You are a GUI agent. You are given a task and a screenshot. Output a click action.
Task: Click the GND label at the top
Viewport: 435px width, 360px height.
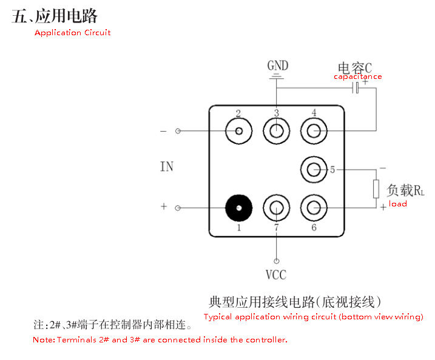click(278, 66)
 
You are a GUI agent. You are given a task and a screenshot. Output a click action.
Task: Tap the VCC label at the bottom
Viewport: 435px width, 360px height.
click(276, 275)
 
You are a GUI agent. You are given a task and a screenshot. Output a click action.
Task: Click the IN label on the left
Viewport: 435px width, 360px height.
click(167, 166)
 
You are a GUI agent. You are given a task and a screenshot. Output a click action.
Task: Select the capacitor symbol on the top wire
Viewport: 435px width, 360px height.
click(356, 88)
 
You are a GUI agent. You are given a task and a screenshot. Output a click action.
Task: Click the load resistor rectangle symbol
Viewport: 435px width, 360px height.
click(376, 189)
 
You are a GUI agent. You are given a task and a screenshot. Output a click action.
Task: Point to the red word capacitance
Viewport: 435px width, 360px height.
click(358, 76)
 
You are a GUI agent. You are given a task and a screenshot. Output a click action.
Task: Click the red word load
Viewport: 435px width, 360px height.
click(398, 204)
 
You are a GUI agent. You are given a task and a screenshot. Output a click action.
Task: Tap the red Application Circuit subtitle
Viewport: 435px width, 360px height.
click(73, 33)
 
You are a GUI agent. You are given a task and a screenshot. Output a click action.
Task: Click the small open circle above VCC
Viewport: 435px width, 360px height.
click(276, 261)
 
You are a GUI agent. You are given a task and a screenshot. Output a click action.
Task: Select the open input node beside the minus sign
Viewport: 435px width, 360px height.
click(178, 131)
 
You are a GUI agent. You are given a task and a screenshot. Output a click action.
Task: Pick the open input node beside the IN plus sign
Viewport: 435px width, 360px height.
click(178, 208)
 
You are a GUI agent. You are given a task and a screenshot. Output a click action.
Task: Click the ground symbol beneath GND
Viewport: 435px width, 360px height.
click(277, 76)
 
